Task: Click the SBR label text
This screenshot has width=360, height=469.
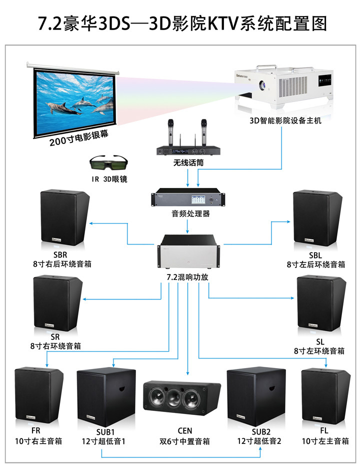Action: (60, 255)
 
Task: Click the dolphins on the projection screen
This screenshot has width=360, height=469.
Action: (80, 104)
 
